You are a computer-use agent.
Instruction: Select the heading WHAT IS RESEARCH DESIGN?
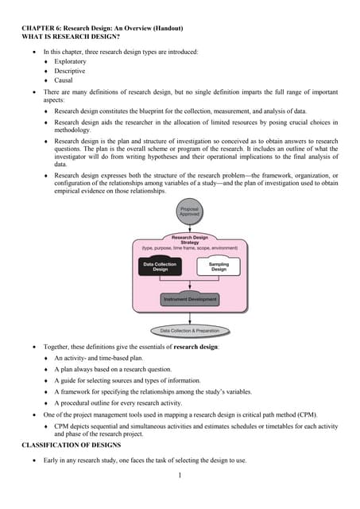pyautogui.click(x=66, y=37)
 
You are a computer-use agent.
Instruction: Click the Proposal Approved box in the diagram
pyautogui.click(x=189, y=212)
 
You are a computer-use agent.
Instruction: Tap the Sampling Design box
pyautogui.click(x=219, y=266)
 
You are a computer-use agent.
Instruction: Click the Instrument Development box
pyautogui.click(x=189, y=300)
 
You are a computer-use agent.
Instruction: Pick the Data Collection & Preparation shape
pyautogui.click(x=189, y=330)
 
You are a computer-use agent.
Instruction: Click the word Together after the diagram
pyautogui.click(x=58, y=348)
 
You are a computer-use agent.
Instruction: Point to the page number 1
pyautogui.click(x=180, y=476)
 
